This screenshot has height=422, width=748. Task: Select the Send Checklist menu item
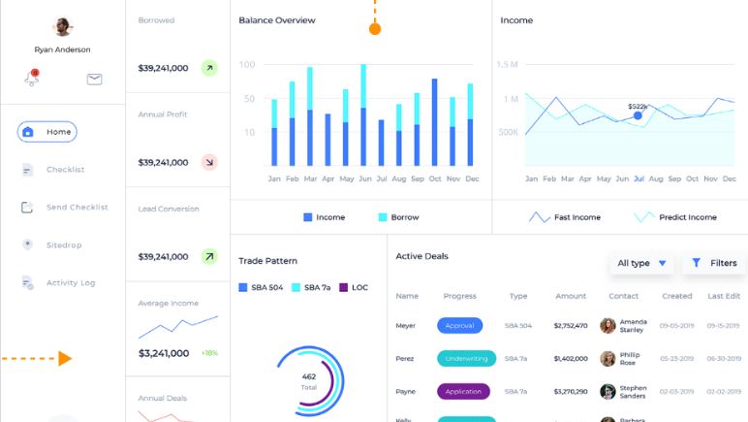(x=77, y=208)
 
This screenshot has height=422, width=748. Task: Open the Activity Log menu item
(x=71, y=283)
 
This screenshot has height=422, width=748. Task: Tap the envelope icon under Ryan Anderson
(x=94, y=80)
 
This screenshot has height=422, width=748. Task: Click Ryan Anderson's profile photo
(x=62, y=27)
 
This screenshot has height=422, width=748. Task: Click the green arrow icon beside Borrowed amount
(x=209, y=68)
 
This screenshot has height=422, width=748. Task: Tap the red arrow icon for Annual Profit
(x=209, y=162)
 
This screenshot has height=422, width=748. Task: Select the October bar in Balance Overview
(x=434, y=122)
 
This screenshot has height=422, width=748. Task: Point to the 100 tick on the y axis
(x=247, y=65)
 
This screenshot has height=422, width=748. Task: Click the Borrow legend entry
(x=398, y=217)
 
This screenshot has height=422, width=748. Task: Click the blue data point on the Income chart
(x=638, y=115)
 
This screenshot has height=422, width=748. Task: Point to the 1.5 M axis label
(x=508, y=65)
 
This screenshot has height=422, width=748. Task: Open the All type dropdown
(x=642, y=263)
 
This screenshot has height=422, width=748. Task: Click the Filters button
(x=714, y=263)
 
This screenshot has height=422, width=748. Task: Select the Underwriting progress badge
(x=466, y=358)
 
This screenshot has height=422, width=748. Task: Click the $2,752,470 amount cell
(x=571, y=326)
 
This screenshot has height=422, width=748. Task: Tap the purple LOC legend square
(x=343, y=287)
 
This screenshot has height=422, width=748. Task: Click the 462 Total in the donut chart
(x=309, y=380)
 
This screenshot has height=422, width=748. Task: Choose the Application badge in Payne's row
(x=463, y=392)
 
